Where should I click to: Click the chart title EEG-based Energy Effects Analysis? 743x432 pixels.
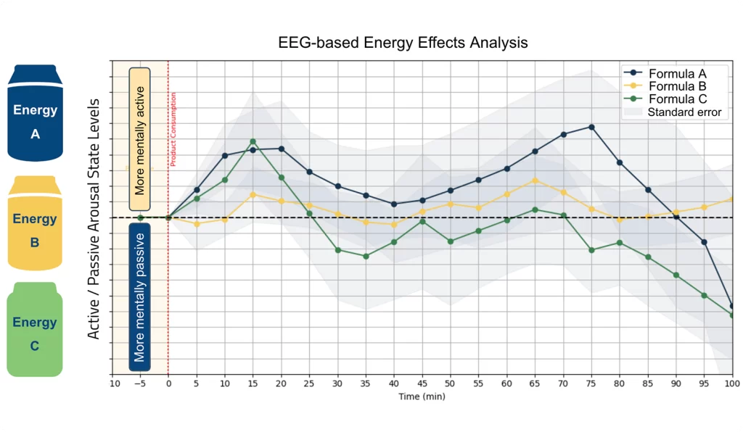[x=403, y=43]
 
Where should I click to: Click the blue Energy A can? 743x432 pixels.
[x=35, y=112]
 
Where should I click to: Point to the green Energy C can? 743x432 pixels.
[x=35, y=330]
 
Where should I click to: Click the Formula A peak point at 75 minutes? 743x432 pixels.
[x=592, y=127]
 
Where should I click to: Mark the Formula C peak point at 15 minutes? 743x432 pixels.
[x=253, y=141]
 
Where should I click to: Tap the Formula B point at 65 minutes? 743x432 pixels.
[x=535, y=180]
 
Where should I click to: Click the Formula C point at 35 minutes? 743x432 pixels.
[x=366, y=256]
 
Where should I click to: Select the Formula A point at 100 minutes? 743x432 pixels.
[x=732, y=307]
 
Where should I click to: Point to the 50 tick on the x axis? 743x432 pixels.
[x=450, y=384]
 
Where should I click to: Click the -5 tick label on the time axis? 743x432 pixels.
[x=140, y=384]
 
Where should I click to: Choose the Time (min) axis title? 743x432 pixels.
[x=422, y=396]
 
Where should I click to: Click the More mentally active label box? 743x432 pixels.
[x=140, y=139]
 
